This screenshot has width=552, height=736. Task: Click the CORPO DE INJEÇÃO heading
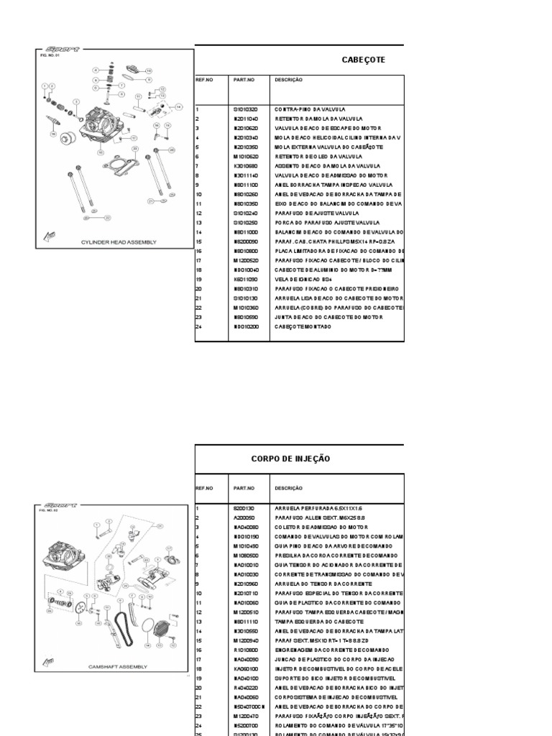(290, 459)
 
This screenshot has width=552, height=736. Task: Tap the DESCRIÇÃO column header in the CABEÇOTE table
(289, 80)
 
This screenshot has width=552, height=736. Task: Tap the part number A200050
(243, 517)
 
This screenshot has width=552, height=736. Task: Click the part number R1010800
(245, 648)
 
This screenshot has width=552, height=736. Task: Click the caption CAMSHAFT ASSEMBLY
(117, 666)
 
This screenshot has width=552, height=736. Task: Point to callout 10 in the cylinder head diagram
(149, 71)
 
